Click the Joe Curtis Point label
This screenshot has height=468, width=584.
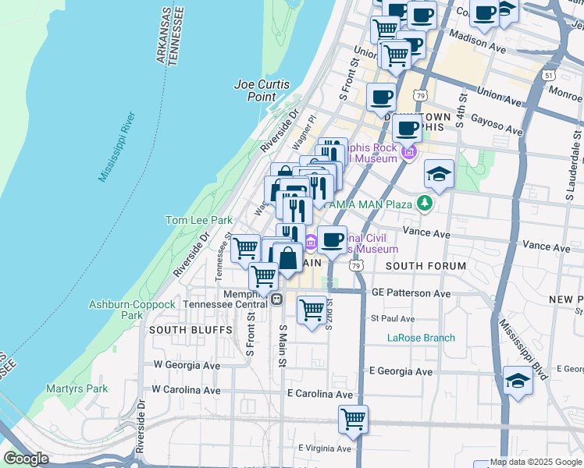click(255, 90)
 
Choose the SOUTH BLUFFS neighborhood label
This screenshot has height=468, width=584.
click(180, 330)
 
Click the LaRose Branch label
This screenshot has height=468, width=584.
click(421, 338)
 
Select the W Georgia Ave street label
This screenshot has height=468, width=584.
click(187, 364)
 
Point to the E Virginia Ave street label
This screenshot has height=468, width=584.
click(326, 448)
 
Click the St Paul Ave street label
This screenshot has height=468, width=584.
click(393, 318)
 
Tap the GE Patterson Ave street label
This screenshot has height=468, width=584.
click(411, 293)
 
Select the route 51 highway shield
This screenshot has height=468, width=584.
click(549, 75)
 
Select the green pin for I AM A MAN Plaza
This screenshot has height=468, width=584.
click(425, 204)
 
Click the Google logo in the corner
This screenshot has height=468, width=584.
click(26, 459)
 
